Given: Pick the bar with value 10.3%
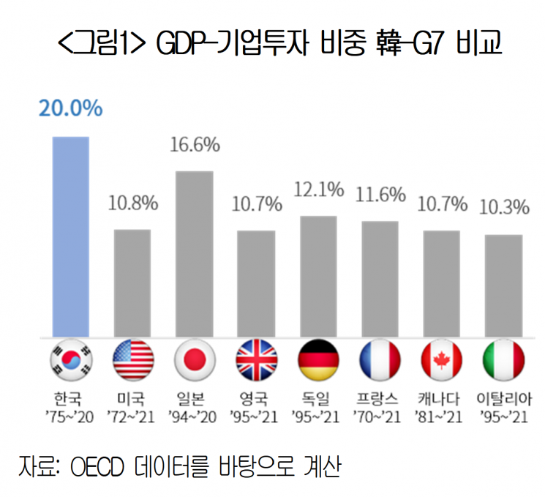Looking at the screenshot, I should point(504,286).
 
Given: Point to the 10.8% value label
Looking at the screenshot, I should point(132,203).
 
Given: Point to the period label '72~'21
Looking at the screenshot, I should point(132,416).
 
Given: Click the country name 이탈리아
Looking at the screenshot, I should point(504,400).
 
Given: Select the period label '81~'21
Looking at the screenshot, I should point(442,416).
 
